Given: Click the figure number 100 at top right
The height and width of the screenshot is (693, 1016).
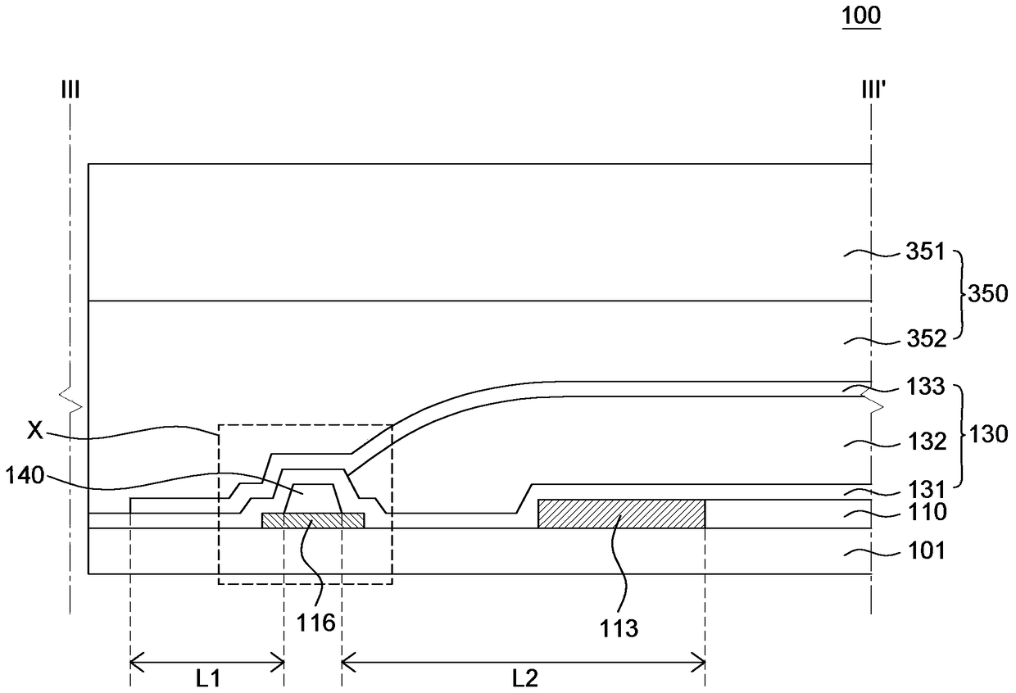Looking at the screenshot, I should [x=864, y=16].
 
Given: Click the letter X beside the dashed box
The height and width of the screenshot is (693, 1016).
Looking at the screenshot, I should [x=34, y=432].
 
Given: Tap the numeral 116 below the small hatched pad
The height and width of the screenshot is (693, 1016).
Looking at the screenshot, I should [x=316, y=623].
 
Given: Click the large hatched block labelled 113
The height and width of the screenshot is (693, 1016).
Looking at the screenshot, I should [x=621, y=514].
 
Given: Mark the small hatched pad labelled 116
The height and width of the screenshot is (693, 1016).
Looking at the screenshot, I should [x=312, y=520].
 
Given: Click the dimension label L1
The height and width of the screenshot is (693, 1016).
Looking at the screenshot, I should [x=206, y=678].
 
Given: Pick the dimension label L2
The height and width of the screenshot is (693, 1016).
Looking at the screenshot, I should [x=524, y=678].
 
